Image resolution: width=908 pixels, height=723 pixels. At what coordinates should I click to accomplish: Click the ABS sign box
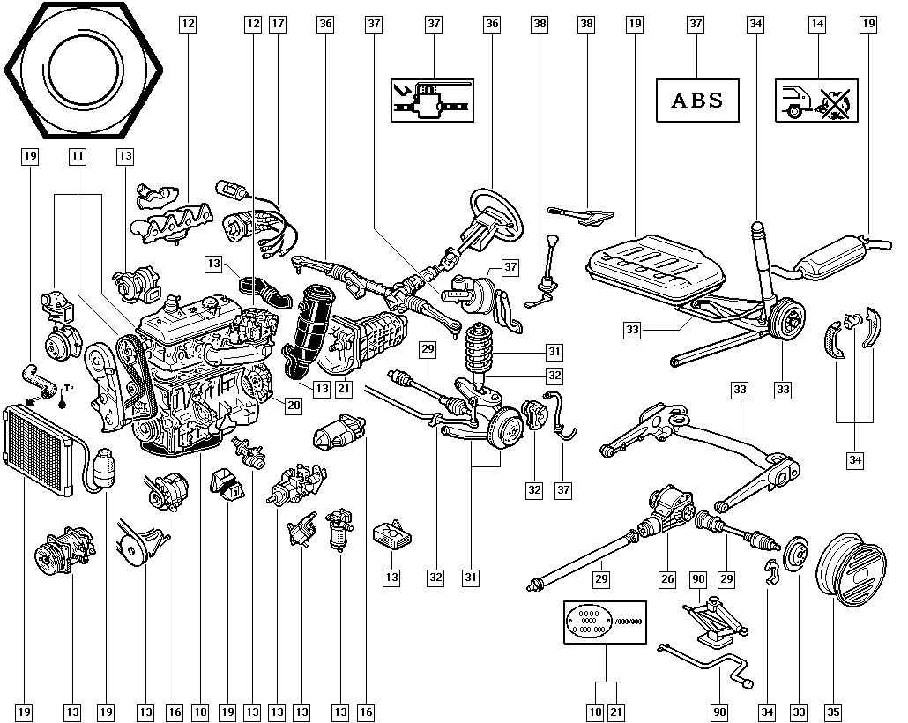click(x=696, y=100)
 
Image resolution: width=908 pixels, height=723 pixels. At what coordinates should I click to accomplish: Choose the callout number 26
click(x=667, y=579)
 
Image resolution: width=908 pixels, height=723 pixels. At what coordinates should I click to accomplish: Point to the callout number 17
click(x=278, y=24)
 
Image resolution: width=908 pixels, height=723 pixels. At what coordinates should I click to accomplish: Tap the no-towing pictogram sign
click(x=816, y=100)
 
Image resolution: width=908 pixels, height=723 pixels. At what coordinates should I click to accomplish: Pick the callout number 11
click(x=78, y=156)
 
